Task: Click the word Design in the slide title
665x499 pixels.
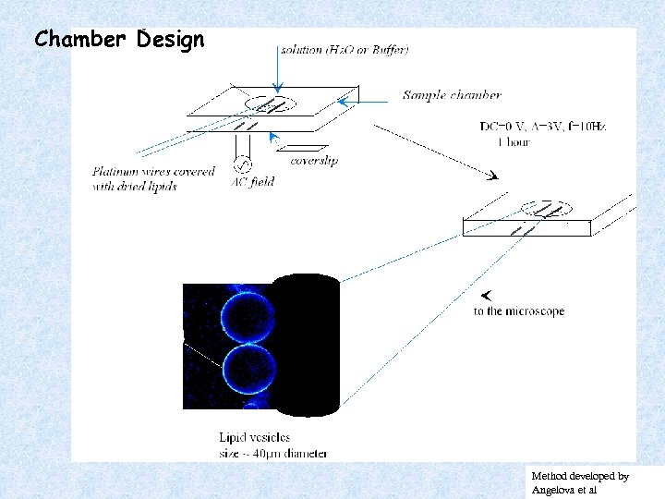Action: click(170, 40)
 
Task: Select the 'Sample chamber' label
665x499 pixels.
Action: click(452, 95)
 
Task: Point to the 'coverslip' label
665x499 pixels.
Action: click(314, 161)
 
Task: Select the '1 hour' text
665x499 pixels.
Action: click(513, 142)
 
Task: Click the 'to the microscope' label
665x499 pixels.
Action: click(518, 311)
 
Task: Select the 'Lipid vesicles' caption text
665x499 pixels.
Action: click(254, 436)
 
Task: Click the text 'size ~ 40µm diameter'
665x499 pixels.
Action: click(272, 453)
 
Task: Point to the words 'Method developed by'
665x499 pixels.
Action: click(580, 475)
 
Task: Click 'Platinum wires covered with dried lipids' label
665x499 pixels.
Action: click(153, 178)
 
